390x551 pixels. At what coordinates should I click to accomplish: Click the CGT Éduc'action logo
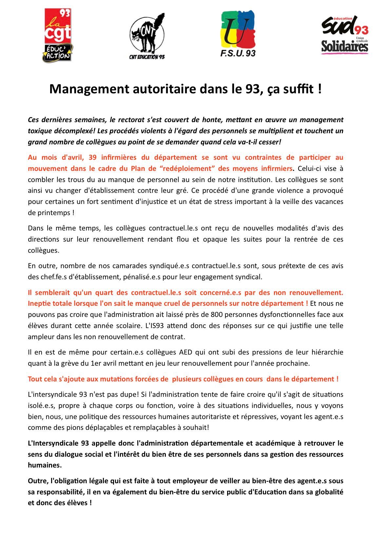tap(58, 35)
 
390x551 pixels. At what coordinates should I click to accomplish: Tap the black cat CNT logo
tap(147, 35)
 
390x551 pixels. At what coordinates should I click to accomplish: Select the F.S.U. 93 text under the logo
tap(238, 53)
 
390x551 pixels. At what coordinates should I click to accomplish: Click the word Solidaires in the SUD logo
tap(344, 47)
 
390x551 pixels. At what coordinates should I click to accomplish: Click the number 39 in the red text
tap(93, 157)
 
